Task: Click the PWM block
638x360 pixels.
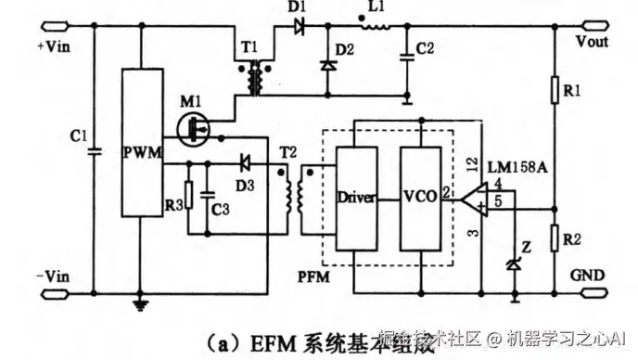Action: click(142, 152)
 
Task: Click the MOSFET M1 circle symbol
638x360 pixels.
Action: click(194, 130)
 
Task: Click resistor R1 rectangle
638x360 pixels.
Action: click(554, 90)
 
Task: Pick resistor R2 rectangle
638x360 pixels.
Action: click(554, 238)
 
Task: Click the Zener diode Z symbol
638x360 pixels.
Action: click(514, 265)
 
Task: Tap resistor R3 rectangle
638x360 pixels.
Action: click(188, 196)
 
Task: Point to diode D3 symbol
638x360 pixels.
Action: click(245, 161)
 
